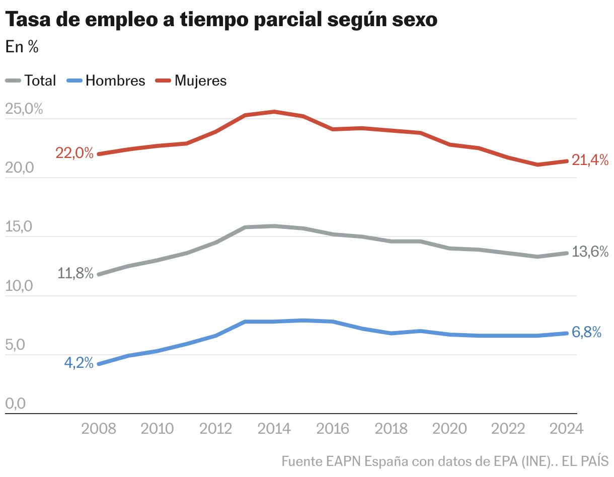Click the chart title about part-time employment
221,20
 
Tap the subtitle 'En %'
22,47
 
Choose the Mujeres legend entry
200,81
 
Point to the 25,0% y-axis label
24,109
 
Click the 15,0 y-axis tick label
19,227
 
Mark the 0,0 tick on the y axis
16,404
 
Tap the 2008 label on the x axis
99,429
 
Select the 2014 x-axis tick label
274,429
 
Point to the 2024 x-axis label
567,429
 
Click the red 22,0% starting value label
74,153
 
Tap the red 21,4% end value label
590,161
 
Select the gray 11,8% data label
75,274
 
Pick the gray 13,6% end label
590,252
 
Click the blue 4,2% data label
79,363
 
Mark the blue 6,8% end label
587,332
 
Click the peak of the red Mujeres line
274,112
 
